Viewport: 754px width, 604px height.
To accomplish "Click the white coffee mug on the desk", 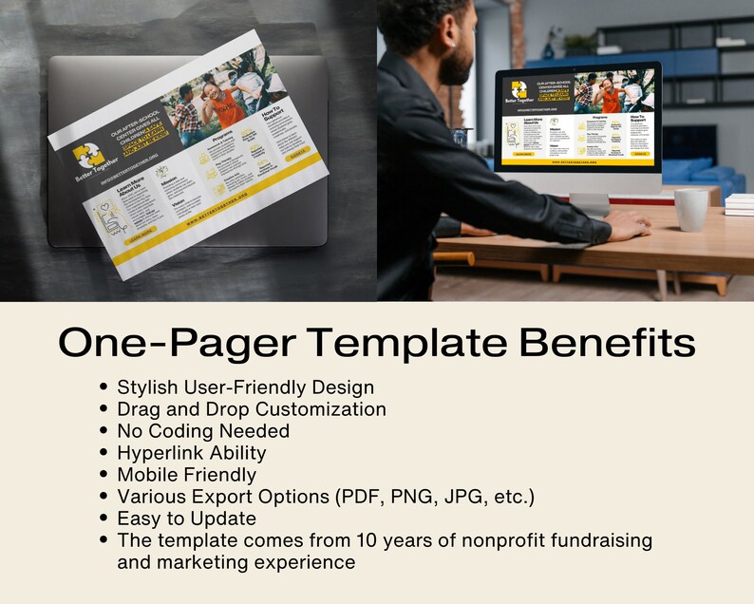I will click(x=690, y=209).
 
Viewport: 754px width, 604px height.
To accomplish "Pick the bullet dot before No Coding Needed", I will click(x=104, y=431).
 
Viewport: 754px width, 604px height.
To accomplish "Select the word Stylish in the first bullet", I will click(x=147, y=387).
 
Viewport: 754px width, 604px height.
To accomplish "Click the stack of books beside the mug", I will click(x=739, y=204).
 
